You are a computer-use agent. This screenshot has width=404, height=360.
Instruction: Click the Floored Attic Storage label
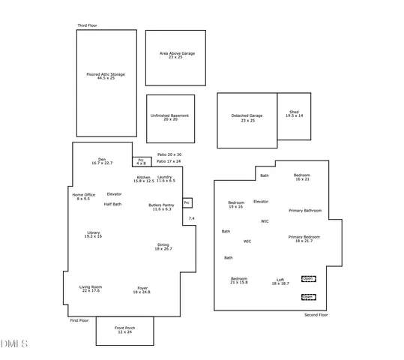tap(106, 76)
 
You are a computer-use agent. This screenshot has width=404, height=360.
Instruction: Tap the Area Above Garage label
tap(177, 55)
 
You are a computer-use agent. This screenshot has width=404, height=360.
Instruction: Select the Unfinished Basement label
tap(169, 117)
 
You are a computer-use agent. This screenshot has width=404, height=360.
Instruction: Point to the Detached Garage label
tap(247, 118)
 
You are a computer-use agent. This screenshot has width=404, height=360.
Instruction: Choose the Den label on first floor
tap(102, 160)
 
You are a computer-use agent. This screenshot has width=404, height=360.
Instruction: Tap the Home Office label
tap(83, 196)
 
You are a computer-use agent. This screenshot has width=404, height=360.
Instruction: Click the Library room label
tap(93, 234)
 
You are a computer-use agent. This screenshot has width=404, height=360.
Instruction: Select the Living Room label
tap(91, 289)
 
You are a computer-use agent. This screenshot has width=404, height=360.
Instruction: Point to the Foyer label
tap(142, 289)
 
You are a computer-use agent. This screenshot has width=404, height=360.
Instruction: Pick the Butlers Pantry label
tap(161, 206)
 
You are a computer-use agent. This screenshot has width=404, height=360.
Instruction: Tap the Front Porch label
tap(124, 330)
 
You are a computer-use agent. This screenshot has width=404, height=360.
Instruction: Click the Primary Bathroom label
tap(305, 211)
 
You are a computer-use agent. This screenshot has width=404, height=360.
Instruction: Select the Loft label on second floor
tap(280, 281)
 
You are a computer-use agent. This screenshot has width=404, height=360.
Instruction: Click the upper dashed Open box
tap(308, 278)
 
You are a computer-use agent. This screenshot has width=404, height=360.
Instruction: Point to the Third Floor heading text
tap(87, 25)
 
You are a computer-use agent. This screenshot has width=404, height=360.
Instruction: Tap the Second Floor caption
tap(316, 315)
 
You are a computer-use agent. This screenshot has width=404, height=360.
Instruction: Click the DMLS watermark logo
tap(14, 344)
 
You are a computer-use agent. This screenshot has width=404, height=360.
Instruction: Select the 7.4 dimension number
tap(191, 218)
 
